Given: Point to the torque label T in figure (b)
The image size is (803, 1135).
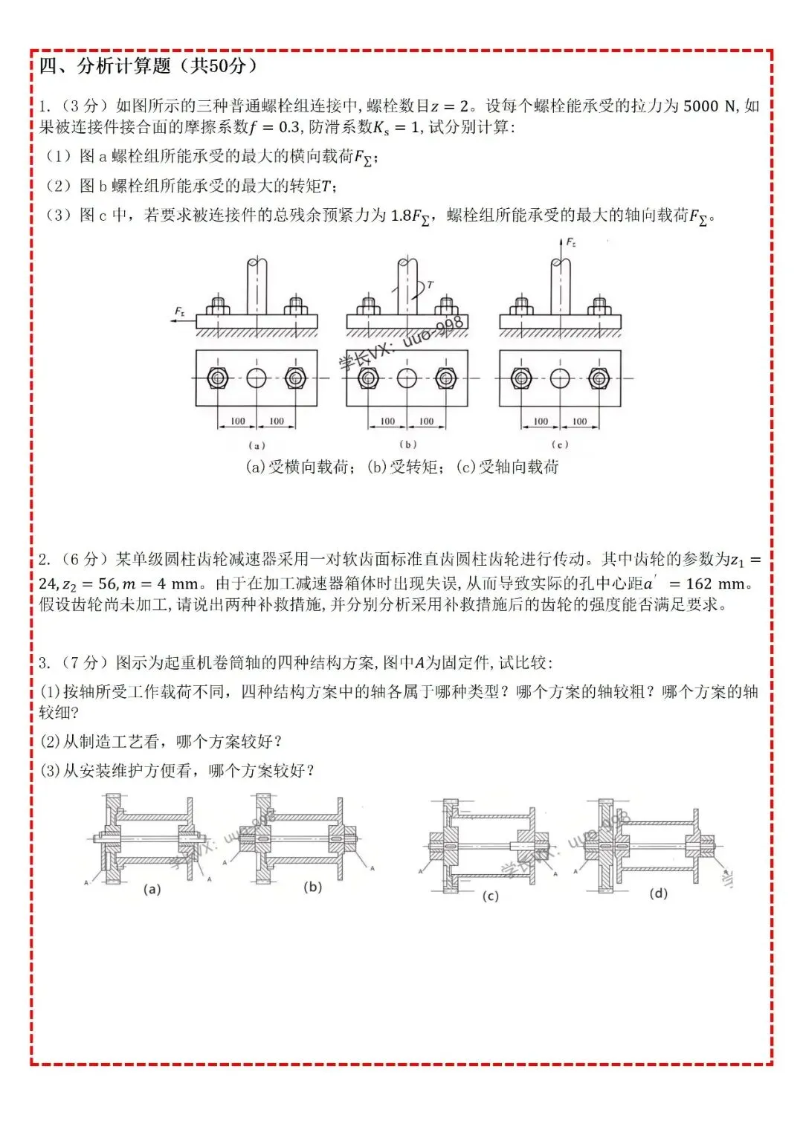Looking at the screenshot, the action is (430, 285).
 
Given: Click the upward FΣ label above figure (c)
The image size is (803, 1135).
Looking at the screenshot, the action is (571, 242).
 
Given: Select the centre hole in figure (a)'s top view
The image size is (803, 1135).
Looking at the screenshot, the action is (257, 378).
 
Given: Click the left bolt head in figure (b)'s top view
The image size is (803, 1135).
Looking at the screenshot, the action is (368, 378).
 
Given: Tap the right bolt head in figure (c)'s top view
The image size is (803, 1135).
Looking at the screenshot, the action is (599, 378).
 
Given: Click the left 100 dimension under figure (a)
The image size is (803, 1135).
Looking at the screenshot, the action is (238, 421).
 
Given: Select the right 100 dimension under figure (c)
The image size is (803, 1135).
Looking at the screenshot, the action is (580, 421).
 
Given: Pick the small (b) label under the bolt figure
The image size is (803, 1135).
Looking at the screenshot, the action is (407, 444).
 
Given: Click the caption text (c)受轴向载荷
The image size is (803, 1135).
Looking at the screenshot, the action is (507, 467).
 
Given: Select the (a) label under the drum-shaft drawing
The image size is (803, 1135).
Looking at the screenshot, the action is (152, 889).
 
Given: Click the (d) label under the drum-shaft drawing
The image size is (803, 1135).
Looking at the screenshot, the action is (659, 893).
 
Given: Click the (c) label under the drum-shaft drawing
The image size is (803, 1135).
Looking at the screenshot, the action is (490, 896).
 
